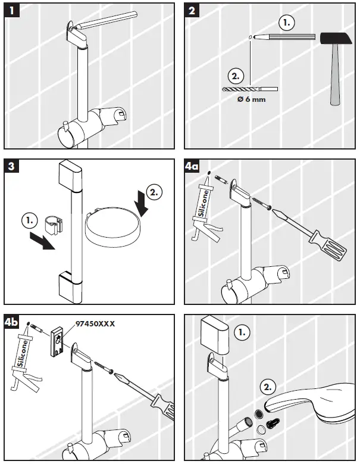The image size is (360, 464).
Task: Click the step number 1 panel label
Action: [11, 11]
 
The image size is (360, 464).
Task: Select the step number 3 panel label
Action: [11, 166]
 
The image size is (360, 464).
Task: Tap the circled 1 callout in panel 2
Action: [287, 23]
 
